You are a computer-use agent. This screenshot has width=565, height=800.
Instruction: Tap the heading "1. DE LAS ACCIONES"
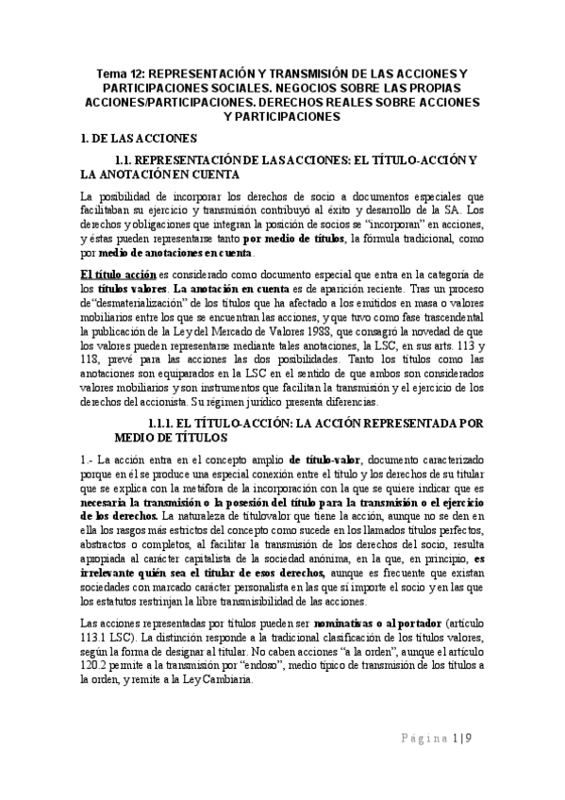coord(139,139)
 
